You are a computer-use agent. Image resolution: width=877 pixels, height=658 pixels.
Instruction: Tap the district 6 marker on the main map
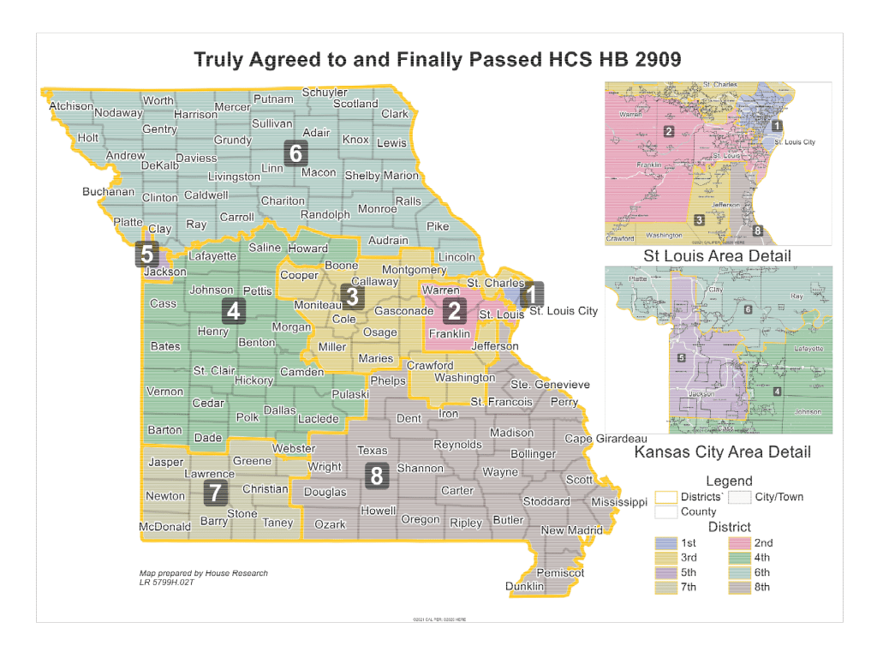click(296, 153)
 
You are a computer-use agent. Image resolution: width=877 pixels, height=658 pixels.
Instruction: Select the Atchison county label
click(71, 106)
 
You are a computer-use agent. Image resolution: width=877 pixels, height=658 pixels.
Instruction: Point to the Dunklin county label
click(524, 587)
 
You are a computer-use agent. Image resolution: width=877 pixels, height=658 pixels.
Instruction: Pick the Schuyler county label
click(325, 93)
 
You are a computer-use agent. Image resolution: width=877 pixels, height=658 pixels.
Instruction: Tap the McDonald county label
click(164, 527)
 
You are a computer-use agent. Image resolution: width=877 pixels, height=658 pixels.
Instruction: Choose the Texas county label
click(372, 451)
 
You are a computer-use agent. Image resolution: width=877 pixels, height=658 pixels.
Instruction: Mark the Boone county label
click(341, 266)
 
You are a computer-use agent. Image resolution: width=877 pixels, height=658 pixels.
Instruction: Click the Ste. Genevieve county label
click(550, 385)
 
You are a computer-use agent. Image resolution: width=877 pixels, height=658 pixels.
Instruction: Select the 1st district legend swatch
click(666, 543)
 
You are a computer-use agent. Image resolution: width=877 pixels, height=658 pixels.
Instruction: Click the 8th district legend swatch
click(740, 587)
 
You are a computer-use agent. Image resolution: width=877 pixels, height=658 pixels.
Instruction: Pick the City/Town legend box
click(740, 497)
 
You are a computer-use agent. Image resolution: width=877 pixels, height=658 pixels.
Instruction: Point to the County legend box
click(666, 511)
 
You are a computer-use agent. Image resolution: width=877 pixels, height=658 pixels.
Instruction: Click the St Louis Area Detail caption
click(717, 256)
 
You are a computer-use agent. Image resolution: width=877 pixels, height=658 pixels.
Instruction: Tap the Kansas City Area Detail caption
click(722, 452)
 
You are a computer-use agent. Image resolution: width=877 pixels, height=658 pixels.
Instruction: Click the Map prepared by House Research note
click(203, 573)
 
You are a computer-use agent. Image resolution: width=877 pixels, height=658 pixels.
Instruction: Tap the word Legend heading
click(729, 481)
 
